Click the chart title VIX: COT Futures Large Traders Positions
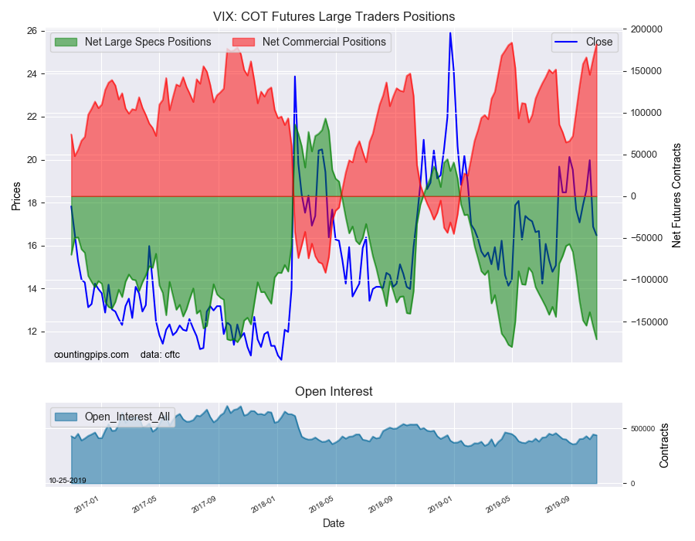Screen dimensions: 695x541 coord(334,16)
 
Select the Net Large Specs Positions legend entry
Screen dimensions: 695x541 coord(133,42)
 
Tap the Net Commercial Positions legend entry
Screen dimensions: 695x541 coord(310,42)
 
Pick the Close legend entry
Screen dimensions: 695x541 coord(585,42)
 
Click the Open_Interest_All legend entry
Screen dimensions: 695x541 coord(112,417)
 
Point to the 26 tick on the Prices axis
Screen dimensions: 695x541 coord(32,31)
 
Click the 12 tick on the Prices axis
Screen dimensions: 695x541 coord(32,332)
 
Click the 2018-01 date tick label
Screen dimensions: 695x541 coord(263,505)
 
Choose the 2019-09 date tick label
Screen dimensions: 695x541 coord(558,505)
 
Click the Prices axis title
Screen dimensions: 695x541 coord(16,196)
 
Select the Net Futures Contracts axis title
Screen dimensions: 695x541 coord(676,196)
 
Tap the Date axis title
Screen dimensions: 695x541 coord(334,523)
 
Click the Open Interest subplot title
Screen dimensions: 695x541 coord(334,392)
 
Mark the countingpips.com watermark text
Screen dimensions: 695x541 coord(91,355)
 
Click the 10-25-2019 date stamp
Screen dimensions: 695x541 coord(67,481)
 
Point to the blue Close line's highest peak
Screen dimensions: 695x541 coord(450,32)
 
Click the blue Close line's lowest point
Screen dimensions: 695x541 coord(281,359)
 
